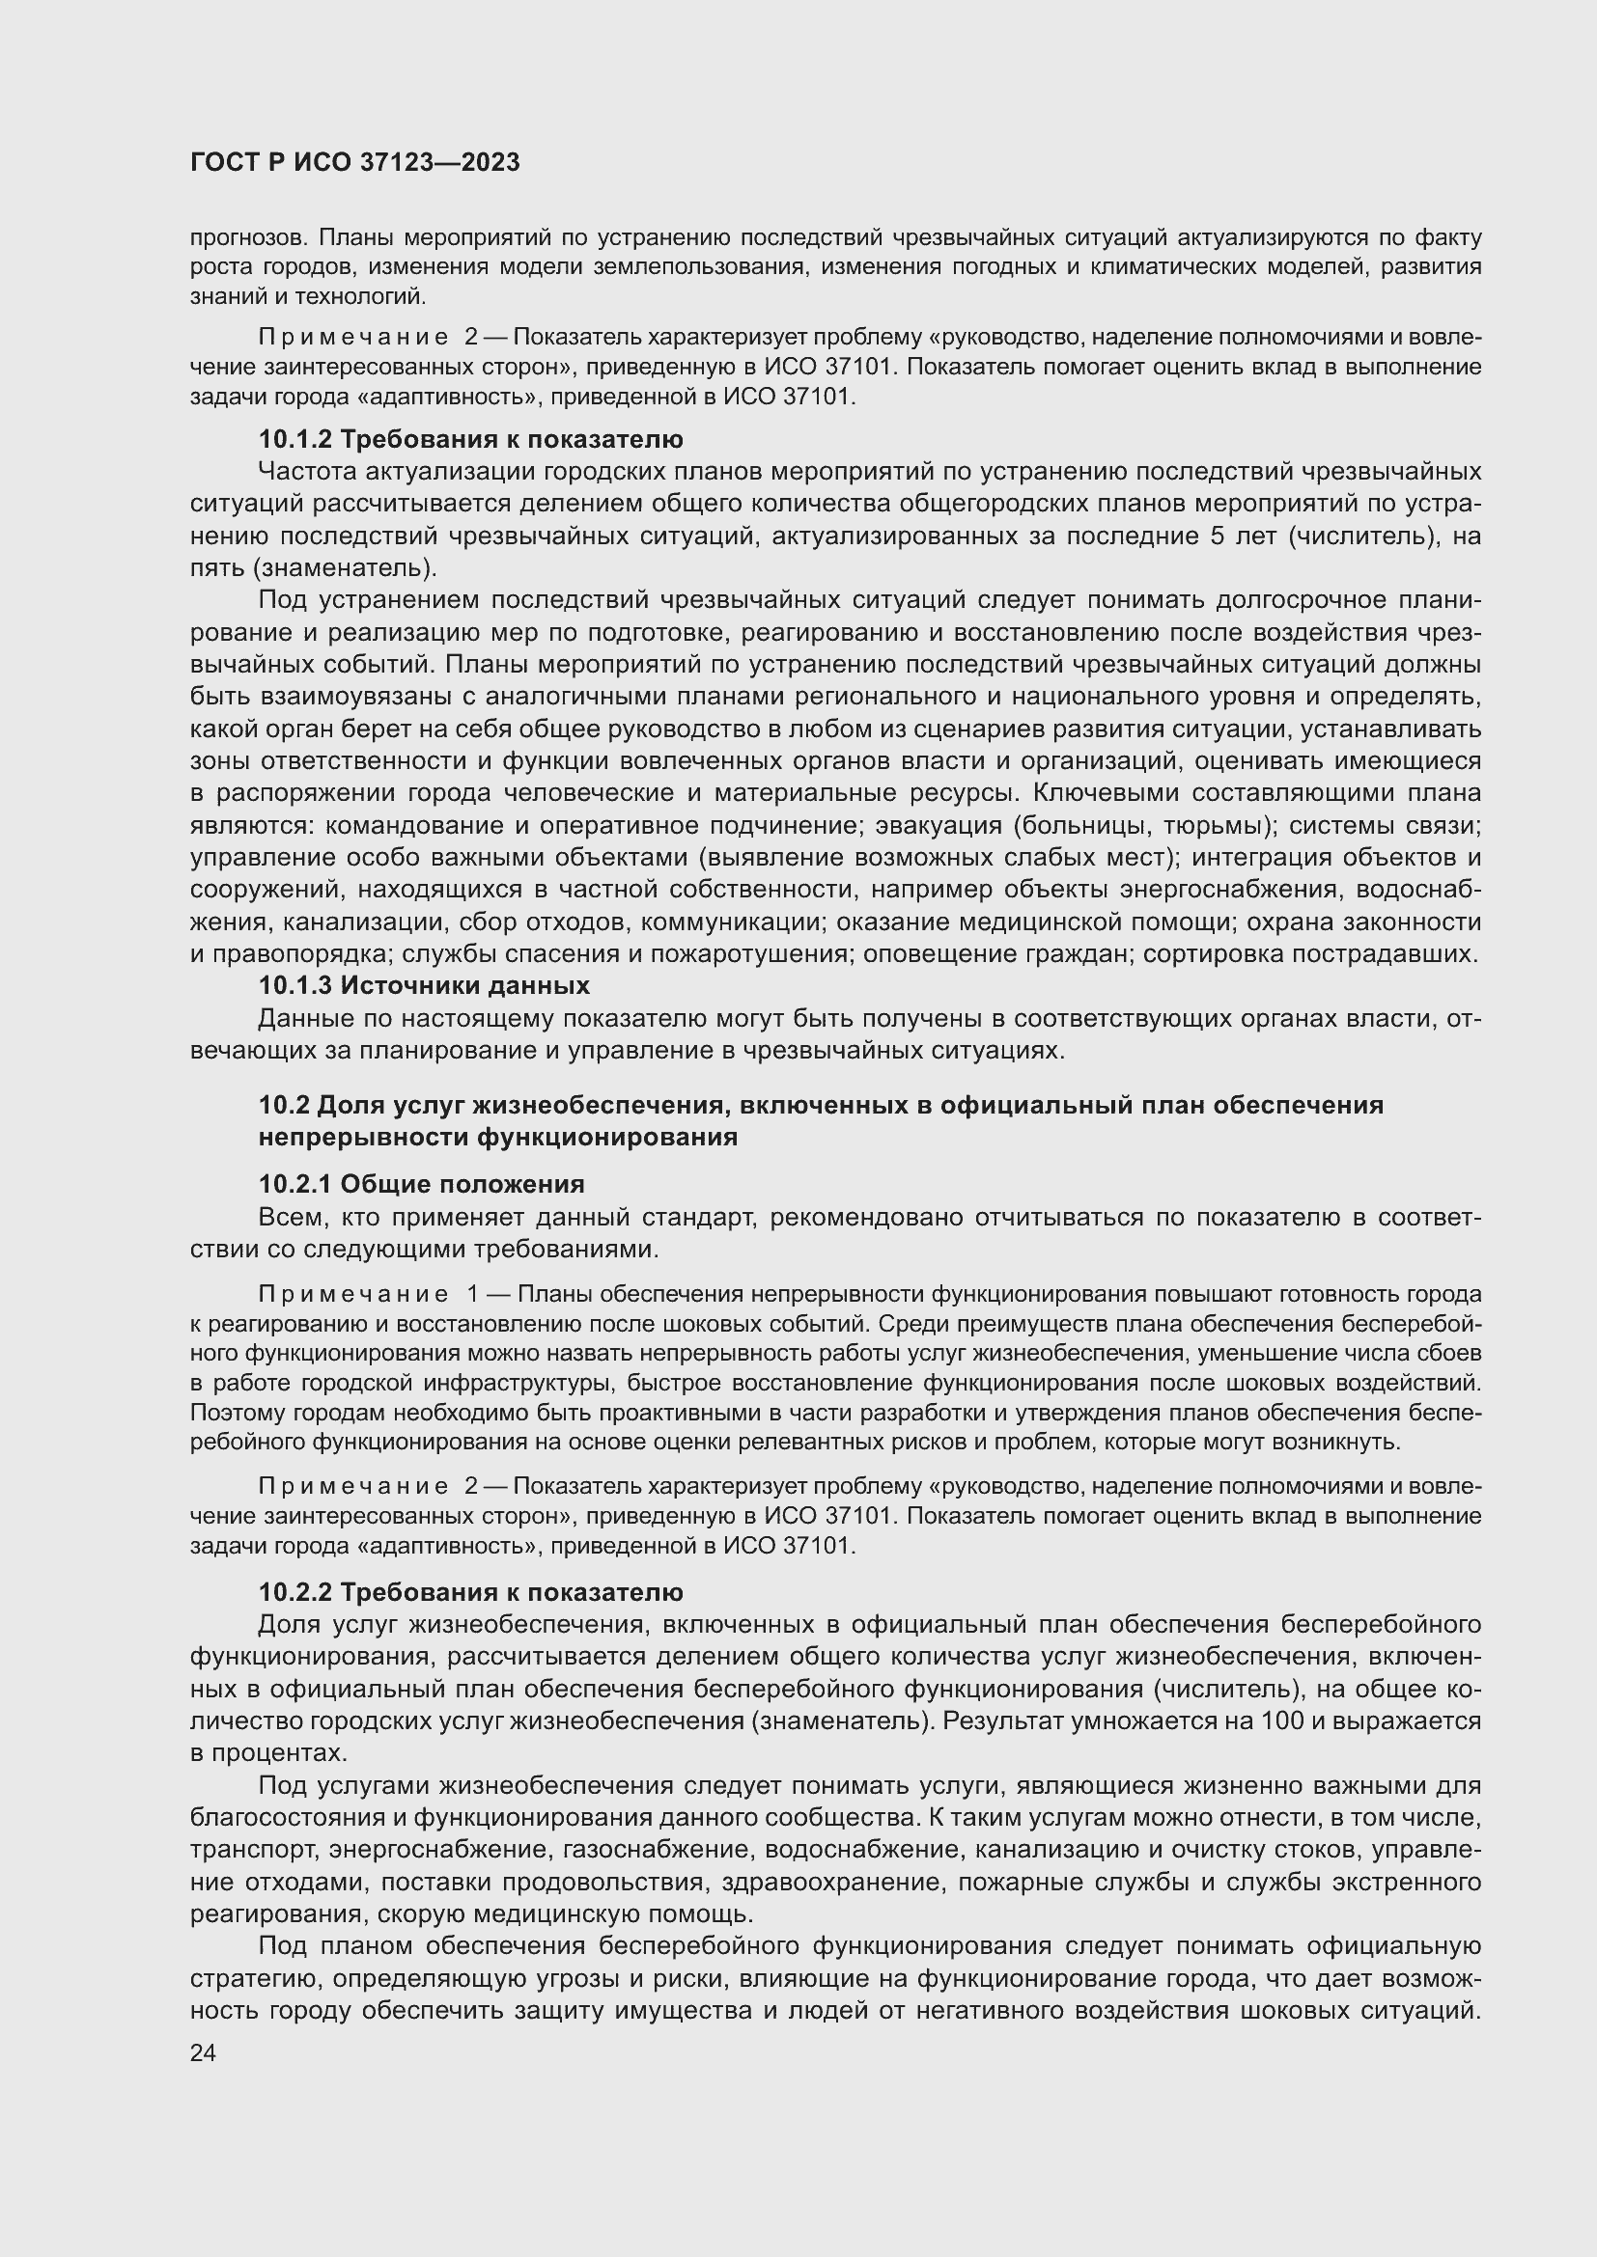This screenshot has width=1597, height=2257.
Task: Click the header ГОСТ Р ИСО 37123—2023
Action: [x=355, y=163]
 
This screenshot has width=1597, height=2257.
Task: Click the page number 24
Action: [x=204, y=2053]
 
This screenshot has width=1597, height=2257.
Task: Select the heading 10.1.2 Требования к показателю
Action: [x=470, y=439]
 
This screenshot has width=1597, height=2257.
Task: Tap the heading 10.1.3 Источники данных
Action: [x=424, y=986]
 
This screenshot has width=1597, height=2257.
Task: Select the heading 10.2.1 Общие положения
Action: [x=421, y=1184]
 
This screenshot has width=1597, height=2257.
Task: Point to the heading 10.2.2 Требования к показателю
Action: [x=470, y=1592]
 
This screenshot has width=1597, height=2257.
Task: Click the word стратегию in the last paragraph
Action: [x=247, y=1979]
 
